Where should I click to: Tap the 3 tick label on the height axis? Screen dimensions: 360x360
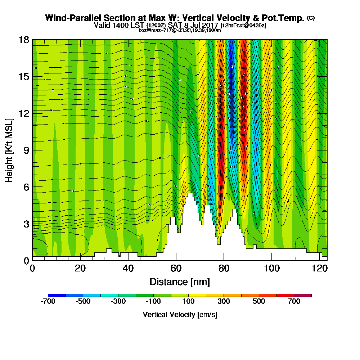[x=26, y=224]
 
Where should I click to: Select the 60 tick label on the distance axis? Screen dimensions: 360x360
[x=176, y=268]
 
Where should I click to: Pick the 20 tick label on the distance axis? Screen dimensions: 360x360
[x=80, y=268]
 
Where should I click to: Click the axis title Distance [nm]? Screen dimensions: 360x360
[x=180, y=282]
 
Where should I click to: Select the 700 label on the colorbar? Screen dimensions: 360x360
[x=294, y=302]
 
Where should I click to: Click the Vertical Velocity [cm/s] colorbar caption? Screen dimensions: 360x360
[x=180, y=315]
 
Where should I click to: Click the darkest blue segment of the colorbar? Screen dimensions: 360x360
[x=57, y=295]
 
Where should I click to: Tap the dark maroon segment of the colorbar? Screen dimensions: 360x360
[x=303, y=295]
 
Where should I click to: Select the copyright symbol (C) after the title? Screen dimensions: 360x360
[x=311, y=18]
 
